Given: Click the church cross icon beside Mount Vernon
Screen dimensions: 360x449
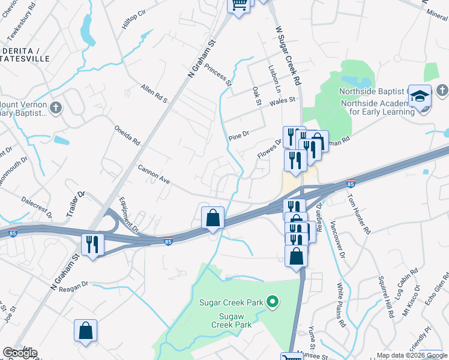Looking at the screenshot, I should tap(55, 108).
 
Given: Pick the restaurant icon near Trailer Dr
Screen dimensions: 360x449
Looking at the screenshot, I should tap(92, 244).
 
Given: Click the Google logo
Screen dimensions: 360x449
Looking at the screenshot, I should tap(19, 353).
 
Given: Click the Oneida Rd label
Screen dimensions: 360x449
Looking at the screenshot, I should tap(127, 135).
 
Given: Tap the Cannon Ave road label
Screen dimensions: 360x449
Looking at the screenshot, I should tap(155, 175).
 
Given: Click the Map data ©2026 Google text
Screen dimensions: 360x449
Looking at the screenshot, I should tap(411, 355).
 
